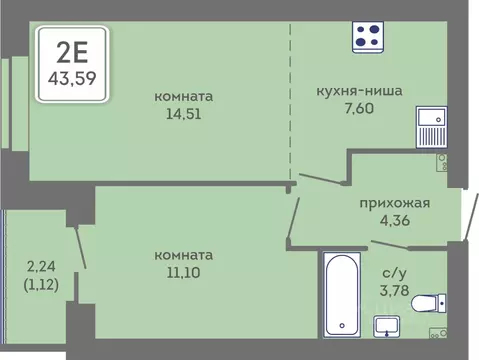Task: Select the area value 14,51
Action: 184,114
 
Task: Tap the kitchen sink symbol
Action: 432,128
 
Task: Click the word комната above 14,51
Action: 184,96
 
